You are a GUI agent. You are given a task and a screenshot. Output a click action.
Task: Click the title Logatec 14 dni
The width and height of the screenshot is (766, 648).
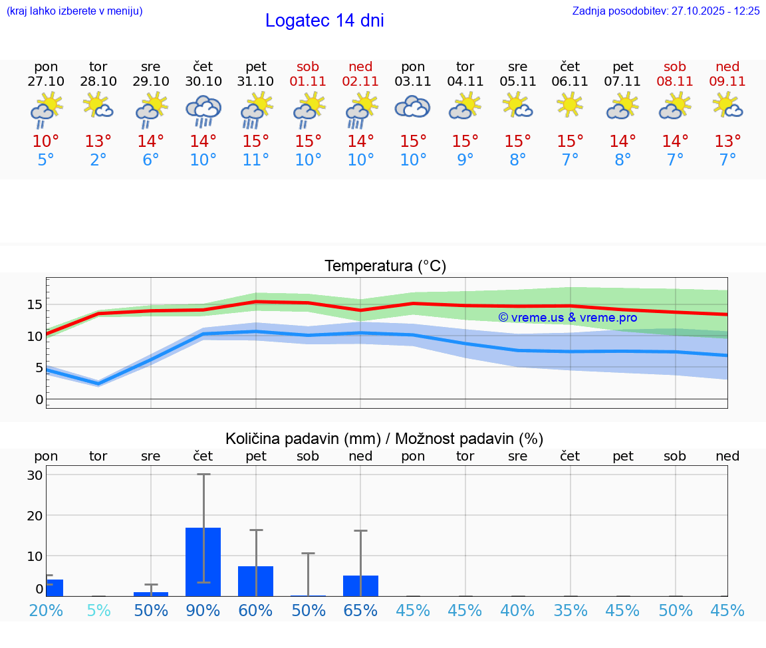[x=324, y=21]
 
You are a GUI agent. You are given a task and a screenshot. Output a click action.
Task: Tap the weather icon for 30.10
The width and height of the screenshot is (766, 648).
[x=203, y=110]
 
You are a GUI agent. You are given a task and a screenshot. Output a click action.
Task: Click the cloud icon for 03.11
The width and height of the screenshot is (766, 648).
[x=413, y=106]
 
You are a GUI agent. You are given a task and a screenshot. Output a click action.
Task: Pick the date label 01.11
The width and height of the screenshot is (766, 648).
[x=308, y=82]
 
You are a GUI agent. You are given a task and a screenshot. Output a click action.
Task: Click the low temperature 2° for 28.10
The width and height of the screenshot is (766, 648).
[x=98, y=160]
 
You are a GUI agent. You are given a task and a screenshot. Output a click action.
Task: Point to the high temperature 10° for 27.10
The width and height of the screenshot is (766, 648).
[x=46, y=142]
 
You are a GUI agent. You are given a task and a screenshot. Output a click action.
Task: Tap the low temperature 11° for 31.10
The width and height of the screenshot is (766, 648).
[x=256, y=160]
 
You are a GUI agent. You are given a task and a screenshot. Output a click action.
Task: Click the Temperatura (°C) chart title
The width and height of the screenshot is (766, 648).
[x=385, y=267]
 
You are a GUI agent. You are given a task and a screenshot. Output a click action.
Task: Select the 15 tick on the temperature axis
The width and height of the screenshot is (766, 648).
[x=35, y=304]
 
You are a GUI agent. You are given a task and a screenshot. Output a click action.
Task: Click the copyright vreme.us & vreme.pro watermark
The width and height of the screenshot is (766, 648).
[x=568, y=318]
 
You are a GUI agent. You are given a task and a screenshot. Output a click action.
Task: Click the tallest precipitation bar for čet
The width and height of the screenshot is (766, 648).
[x=203, y=562]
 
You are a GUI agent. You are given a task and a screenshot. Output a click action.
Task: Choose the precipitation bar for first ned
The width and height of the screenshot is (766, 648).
[x=360, y=586]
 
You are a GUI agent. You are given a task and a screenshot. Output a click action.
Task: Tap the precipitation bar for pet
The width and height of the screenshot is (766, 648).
[x=255, y=581]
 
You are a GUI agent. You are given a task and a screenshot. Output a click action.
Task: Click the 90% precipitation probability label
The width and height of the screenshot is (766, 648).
[x=203, y=611]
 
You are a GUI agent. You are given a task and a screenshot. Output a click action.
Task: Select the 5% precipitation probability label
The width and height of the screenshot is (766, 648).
[x=98, y=611]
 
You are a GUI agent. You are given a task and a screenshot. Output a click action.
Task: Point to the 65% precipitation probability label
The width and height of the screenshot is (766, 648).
[x=360, y=611]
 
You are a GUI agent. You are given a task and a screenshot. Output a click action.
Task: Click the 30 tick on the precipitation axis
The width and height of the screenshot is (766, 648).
[x=35, y=475]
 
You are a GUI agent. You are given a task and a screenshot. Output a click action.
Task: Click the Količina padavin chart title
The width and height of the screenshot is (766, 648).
[x=384, y=439]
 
